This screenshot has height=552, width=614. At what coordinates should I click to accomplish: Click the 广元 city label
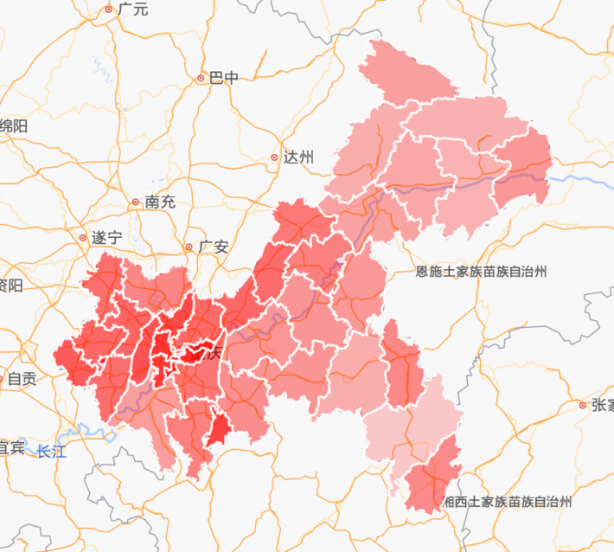(133, 10)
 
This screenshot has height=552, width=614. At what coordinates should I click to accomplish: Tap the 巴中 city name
(224, 78)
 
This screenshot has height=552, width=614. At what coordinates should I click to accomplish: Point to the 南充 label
(160, 202)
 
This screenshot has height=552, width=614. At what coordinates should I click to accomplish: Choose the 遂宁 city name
(107, 237)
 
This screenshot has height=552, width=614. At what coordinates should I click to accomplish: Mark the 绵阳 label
(14, 126)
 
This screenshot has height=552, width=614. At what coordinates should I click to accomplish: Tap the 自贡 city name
(22, 378)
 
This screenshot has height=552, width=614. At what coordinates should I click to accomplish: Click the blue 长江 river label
(51, 451)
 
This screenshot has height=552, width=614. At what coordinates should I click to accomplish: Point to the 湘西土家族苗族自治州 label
(508, 501)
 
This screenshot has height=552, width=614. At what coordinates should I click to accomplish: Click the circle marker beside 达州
(275, 157)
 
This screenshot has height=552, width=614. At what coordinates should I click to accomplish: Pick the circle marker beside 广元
(109, 10)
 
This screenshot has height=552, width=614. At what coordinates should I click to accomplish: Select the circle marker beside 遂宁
(83, 237)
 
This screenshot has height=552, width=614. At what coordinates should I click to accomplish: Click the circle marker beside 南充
(136, 202)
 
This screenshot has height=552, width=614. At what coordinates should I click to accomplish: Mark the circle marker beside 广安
(189, 247)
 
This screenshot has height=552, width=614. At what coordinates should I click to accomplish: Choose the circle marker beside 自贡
(3, 378)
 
